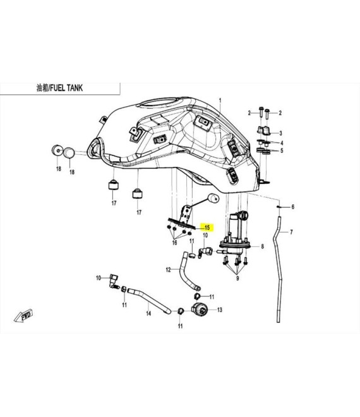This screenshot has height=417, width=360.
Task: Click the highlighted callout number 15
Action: click(207, 227)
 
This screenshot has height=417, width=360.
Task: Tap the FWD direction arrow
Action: click(23, 316)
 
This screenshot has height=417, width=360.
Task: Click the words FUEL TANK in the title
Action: click(66, 88)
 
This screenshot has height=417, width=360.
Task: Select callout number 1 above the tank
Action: click(220, 100)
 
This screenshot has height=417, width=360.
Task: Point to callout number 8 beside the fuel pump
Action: click(263, 246)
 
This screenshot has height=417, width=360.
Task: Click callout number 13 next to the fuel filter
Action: click(220, 310)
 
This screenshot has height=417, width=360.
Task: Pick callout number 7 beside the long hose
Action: click(291, 232)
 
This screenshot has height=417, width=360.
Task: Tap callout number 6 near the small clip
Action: click(292, 207)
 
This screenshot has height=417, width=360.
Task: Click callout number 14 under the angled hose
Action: click(148, 313)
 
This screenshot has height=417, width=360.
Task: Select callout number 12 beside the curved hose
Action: click(168, 270)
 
